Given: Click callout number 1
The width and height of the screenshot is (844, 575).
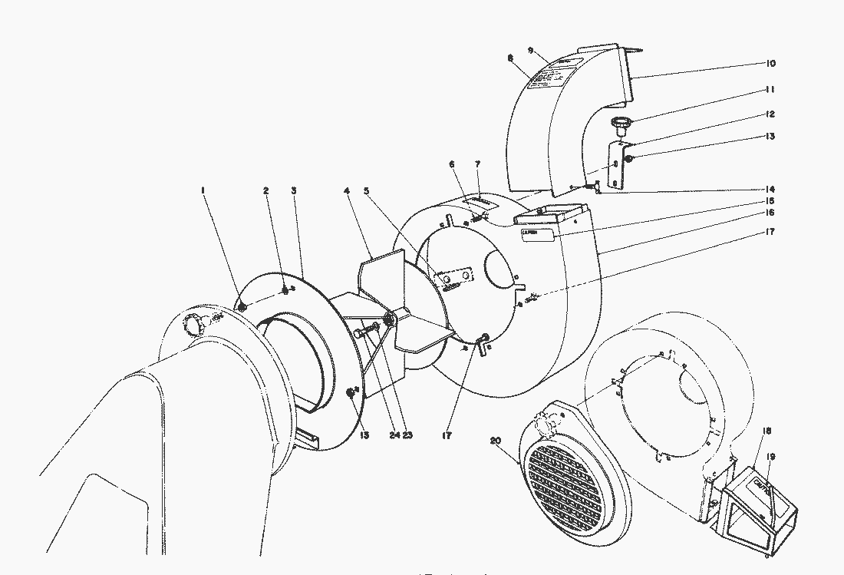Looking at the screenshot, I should tap(204, 190).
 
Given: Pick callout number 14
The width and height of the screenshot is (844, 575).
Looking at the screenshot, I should tap(770, 190).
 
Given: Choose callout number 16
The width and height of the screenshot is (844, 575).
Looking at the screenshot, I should tap(770, 212).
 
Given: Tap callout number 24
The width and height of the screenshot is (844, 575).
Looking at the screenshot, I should tap(394, 435).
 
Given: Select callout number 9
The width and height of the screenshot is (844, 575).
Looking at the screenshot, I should tap(530, 49).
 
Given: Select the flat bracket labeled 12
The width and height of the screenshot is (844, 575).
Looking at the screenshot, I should tap(618, 165).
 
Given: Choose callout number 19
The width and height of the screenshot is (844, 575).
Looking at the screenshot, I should tap(770, 457).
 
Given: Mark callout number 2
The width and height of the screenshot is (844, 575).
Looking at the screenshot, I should tap(265, 190).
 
